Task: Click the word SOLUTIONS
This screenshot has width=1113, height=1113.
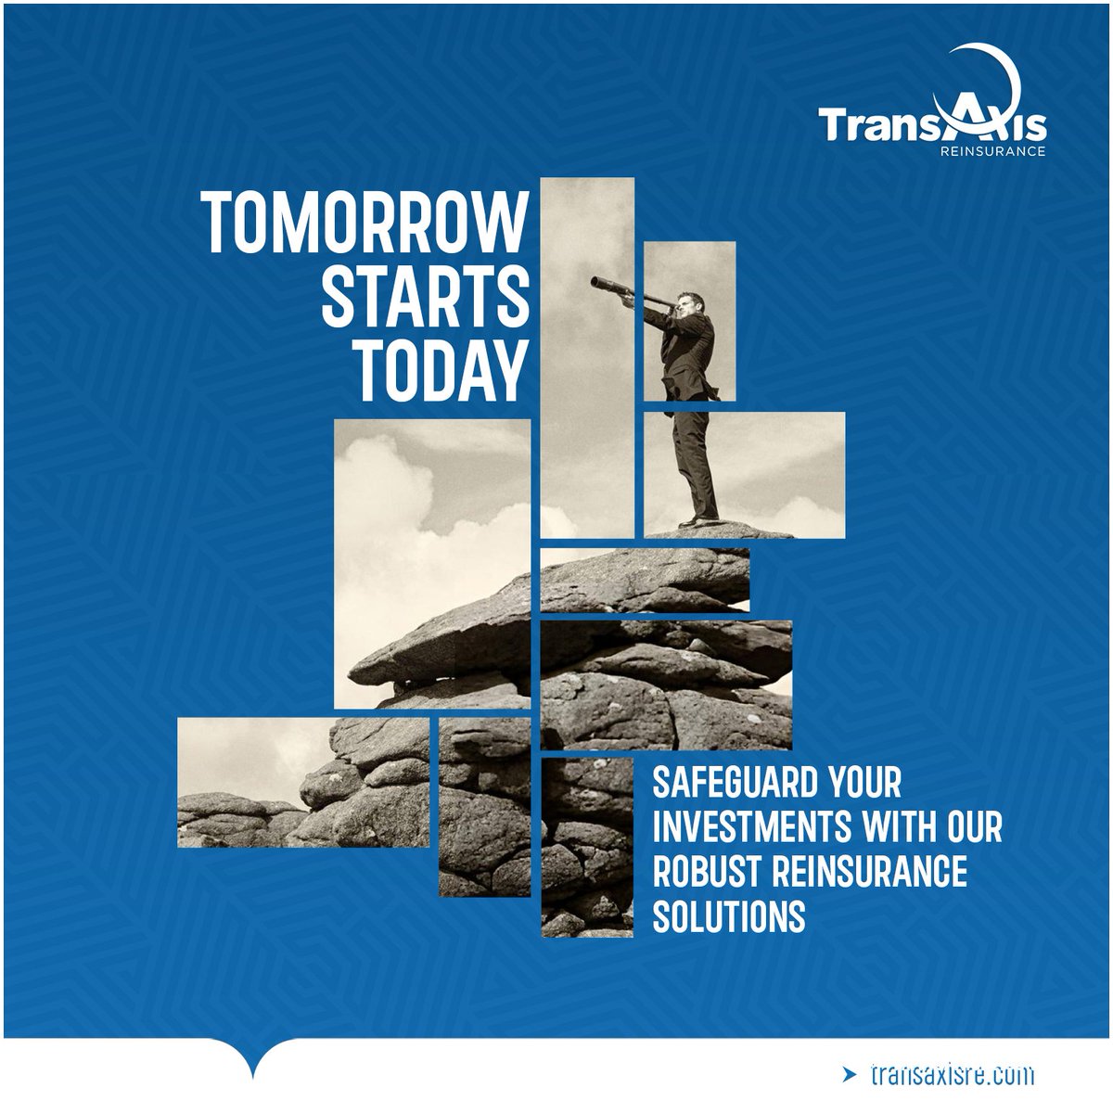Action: click(x=728, y=915)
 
